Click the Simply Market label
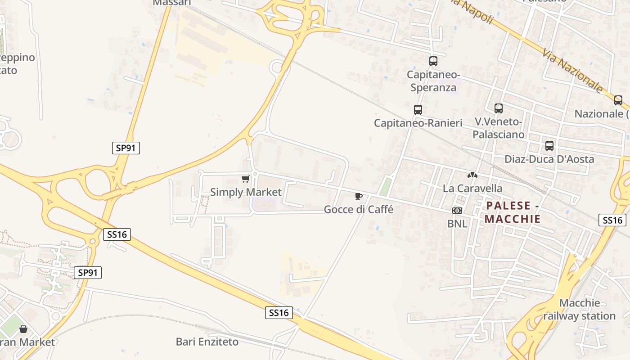click(246, 192)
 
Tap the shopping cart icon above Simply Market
click(245, 179)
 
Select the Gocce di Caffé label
click(359, 209)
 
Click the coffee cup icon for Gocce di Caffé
click(359, 196)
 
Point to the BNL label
click(457, 223)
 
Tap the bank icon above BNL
click(457, 211)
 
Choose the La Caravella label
click(472, 188)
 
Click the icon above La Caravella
click(472, 175)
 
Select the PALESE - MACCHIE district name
click(513, 212)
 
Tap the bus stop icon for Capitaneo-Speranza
click(433, 61)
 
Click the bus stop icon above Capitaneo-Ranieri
click(418, 109)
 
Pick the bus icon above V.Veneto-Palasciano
click(498, 108)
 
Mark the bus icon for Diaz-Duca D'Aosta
click(549, 146)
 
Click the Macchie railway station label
click(579, 310)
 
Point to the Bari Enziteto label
click(207, 342)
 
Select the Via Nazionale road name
click(573, 71)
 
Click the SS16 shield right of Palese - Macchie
click(612, 220)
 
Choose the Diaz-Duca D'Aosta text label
click(549, 159)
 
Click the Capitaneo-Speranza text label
click(433, 81)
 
